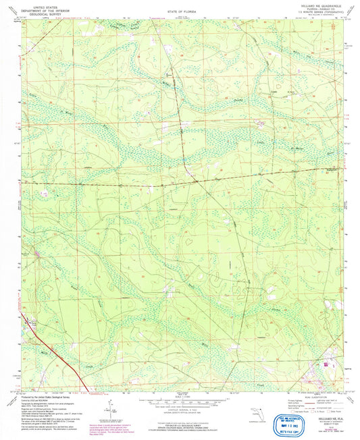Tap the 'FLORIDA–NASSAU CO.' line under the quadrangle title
click(305, 9)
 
